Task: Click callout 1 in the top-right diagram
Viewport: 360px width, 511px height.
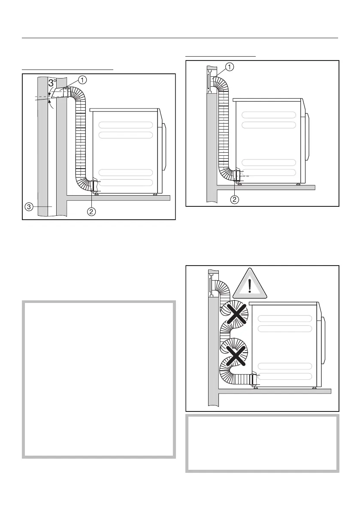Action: click(230, 67)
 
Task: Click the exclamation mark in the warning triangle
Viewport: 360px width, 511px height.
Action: click(250, 284)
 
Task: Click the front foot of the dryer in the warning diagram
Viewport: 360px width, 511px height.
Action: click(315, 387)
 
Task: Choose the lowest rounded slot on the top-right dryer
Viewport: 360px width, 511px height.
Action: click(269, 172)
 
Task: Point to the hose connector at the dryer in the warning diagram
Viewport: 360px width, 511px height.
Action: click(254, 379)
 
